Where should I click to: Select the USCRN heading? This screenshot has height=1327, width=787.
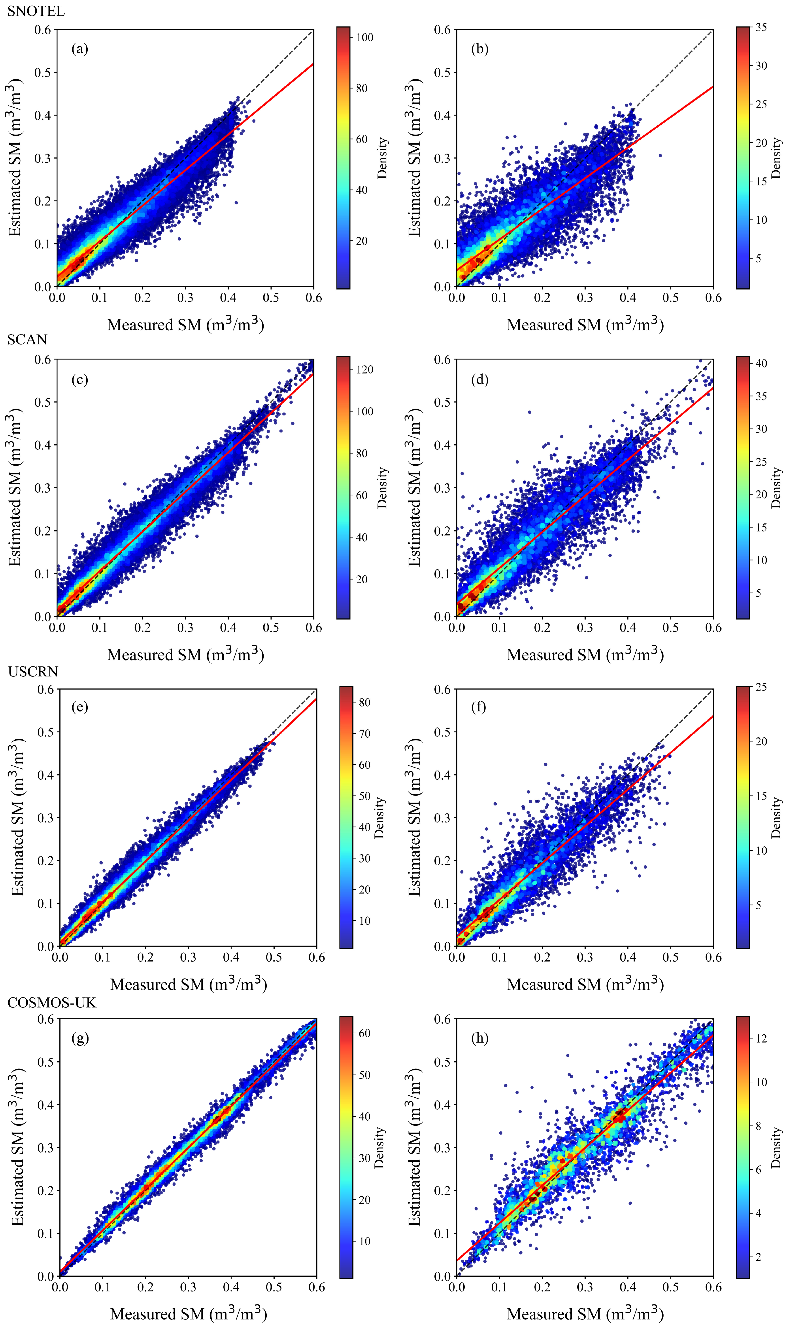(33, 672)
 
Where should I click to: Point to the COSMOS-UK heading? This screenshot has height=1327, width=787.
(52, 1002)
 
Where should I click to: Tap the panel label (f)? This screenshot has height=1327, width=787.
(478, 707)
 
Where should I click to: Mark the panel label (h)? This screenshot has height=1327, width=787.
(479, 1038)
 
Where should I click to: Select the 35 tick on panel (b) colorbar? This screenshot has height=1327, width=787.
(761, 28)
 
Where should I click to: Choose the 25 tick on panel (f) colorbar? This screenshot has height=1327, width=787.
(761, 687)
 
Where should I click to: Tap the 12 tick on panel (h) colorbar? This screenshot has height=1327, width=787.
(761, 1039)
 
